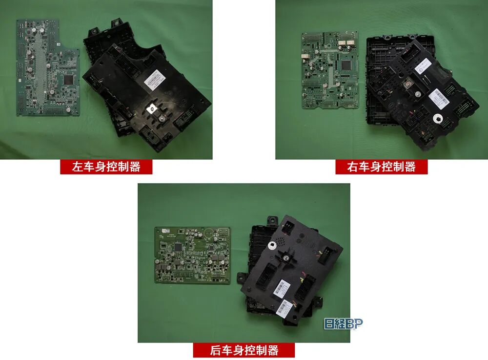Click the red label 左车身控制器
click(x=106, y=167)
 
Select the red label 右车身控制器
click(x=381, y=167)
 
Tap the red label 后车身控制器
click(x=244, y=350)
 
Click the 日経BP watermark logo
click(x=344, y=323)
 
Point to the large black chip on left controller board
click(x=68, y=79)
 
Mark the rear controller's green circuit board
click(x=193, y=254)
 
